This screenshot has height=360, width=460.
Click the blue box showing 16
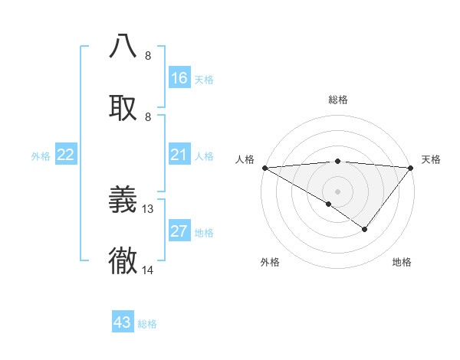pyautogui.click(x=179, y=78)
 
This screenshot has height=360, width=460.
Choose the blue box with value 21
pyautogui.click(x=179, y=155)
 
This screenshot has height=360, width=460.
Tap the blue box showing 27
pyautogui.click(x=179, y=231)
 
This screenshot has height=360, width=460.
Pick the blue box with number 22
pyautogui.click(x=66, y=155)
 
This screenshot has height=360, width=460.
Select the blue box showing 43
pyautogui.click(x=123, y=322)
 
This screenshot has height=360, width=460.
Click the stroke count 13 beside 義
pyautogui.click(x=149, y=209)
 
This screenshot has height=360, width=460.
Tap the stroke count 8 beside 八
pyautogui.click(x=148, y=56)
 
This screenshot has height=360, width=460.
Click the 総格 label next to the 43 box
pyautogui.click(x=147, y=324)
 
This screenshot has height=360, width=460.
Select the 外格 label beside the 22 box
pyautogui.click(x=41, y=156)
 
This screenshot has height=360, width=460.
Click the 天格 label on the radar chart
pyautogui.click(x=431, y=159)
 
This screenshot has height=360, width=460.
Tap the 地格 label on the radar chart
pyautogui.click(x=402, y=262)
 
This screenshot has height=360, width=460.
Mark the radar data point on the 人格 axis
pyautogui.click(x=264, y=168)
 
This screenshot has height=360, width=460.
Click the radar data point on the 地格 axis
pyautogui.click(x=365, y=229)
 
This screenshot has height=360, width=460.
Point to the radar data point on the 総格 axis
pyautogui.click(x=337, y=161)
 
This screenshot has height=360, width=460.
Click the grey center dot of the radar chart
pyautogui.click(x=337, y=191)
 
